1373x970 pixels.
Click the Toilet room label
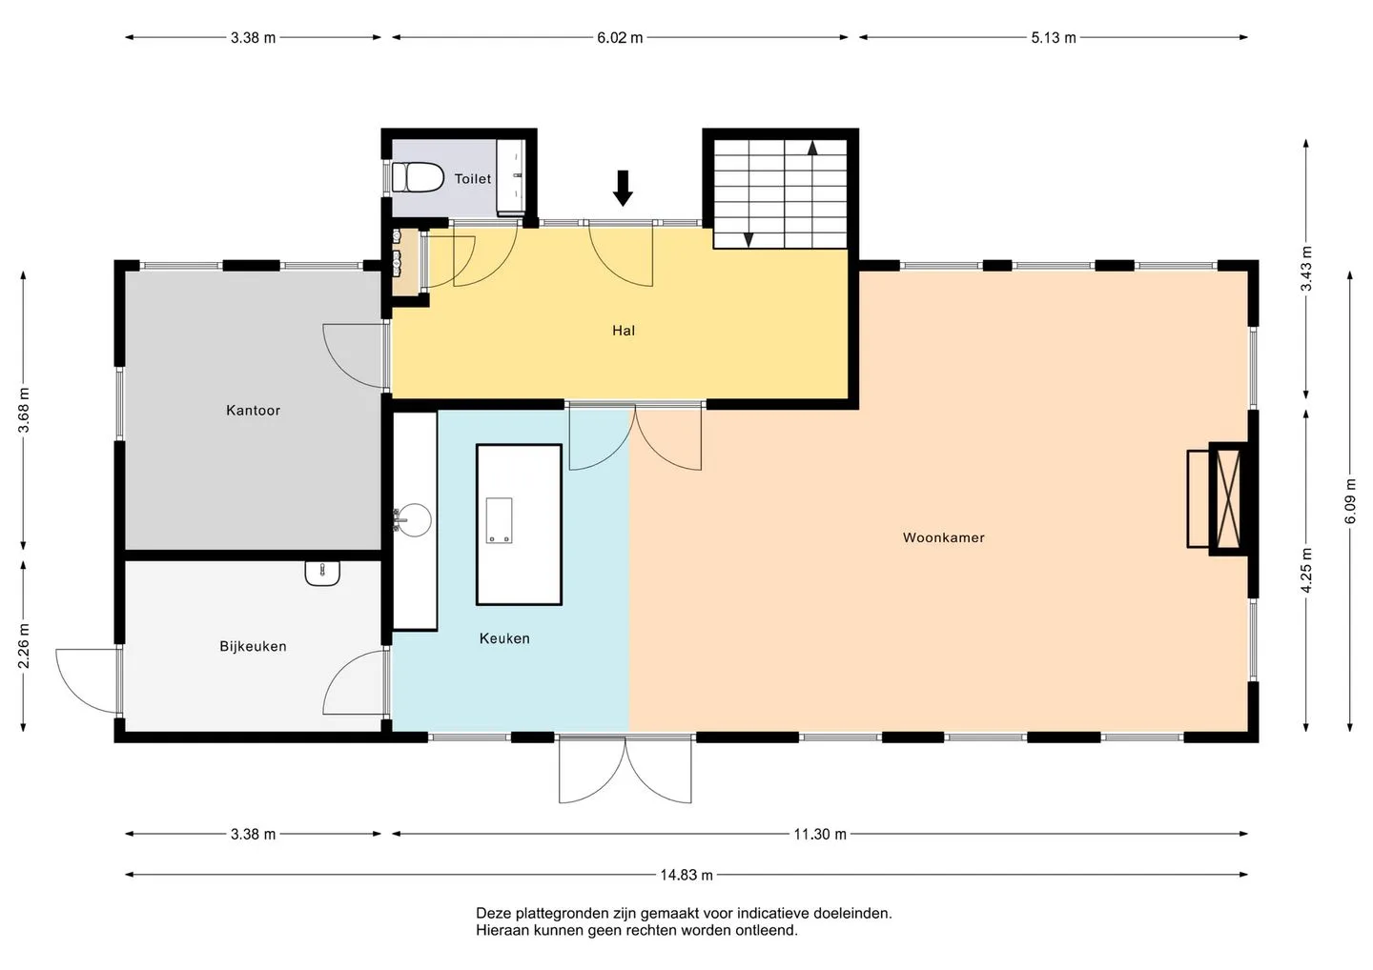(473, 179)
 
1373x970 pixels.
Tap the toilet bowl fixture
(418, 177)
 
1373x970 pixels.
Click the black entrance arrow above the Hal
(623, 188)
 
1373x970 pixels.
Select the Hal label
(624, 331)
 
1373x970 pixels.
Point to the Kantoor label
(254, 411)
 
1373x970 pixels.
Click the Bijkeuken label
(254, 646)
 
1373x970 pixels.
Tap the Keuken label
(504, 638)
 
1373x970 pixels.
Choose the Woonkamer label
(943, 537)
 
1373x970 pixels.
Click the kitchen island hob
(499, 520)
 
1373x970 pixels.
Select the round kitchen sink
(414, 520)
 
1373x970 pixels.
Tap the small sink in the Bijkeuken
(322, 574)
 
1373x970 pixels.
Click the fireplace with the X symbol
(1228, 498)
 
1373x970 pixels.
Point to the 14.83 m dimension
(686, 875)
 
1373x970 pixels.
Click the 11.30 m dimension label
(820, 834)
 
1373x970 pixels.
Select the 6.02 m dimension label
(620, 37)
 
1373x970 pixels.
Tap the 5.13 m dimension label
(1053, 37)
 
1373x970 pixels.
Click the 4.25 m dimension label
(1305, 570)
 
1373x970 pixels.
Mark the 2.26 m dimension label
(23, 645)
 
